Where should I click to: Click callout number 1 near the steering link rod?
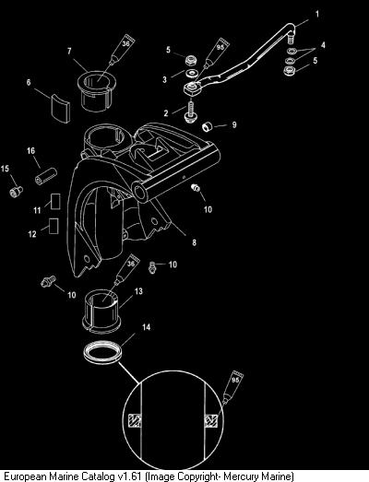coord(317,14)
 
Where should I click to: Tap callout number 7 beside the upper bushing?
coord(69,51)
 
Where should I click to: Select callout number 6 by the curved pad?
coord(29,82)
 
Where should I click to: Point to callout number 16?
coord(30,150)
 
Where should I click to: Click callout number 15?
coord(5,169)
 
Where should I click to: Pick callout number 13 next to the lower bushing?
coord(138,291)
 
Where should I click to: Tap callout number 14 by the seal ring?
coord(146,327)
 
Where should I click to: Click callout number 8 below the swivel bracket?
coord(195,242)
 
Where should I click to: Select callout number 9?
coord(234,124)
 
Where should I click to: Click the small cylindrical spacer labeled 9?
coord(208,126)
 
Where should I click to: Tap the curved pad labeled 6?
coord(61,108)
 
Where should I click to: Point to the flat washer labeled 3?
coord(193,74)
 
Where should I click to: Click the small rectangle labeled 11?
coord(55,201)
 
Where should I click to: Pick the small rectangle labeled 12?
coord(54,226)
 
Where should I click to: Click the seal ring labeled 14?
coord(103,352)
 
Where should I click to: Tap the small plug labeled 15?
coord(16,192)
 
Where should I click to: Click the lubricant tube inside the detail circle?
coord(232,388)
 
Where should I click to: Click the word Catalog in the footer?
coord(96,476)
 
